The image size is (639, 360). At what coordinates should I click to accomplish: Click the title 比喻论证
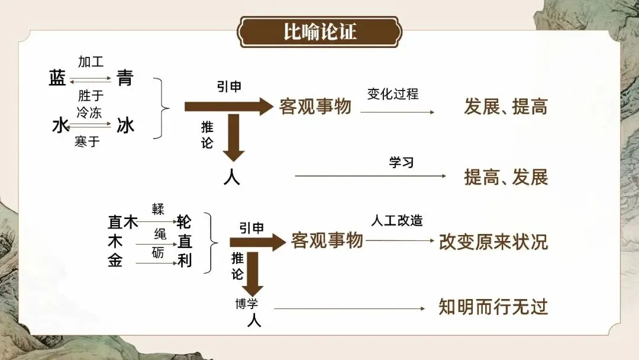[x=320, y=31]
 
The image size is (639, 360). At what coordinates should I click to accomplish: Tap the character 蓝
[x=57, y=78]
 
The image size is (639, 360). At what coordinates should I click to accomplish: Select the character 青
[x=125, y=78]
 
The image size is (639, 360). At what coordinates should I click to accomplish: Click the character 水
[x=60, y=125]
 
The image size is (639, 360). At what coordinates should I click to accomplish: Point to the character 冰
[x=125, y=125]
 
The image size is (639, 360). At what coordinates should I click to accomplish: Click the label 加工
[x=91, y=62]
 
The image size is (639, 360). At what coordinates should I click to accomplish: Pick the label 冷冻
[x=89, y=111]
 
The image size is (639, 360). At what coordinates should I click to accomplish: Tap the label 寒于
[x=87, y=142]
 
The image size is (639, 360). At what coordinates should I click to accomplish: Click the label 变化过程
[x=393, y=94]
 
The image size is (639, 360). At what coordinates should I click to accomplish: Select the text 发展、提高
[x=506, y=107]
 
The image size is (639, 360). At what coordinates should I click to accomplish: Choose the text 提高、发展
[x=506, y=176]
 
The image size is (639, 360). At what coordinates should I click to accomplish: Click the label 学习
[x=401, y=162]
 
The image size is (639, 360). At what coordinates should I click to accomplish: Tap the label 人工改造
[x=397, y=220]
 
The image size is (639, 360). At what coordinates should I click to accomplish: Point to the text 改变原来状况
[x=493, y=242]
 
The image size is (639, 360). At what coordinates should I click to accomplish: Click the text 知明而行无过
[x=493, y=307]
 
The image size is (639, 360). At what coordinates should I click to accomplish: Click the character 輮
[x=158, y=210]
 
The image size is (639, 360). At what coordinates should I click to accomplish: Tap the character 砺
[x=158, y=253]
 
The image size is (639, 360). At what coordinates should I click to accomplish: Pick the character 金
[x=115, y=261]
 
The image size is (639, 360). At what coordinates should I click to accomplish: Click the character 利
[x=185, y=261]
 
